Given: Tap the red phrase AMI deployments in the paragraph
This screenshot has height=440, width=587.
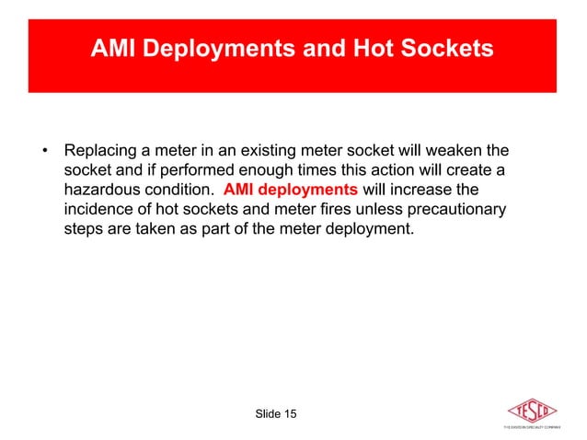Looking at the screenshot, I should point(290,191).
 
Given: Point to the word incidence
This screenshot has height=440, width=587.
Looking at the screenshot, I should point(101,211).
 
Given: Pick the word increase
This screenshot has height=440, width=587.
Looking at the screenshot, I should point(432,191).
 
